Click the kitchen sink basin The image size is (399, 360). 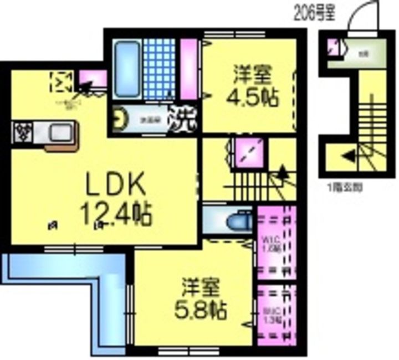pyautogui.click(x=59, y=133)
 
